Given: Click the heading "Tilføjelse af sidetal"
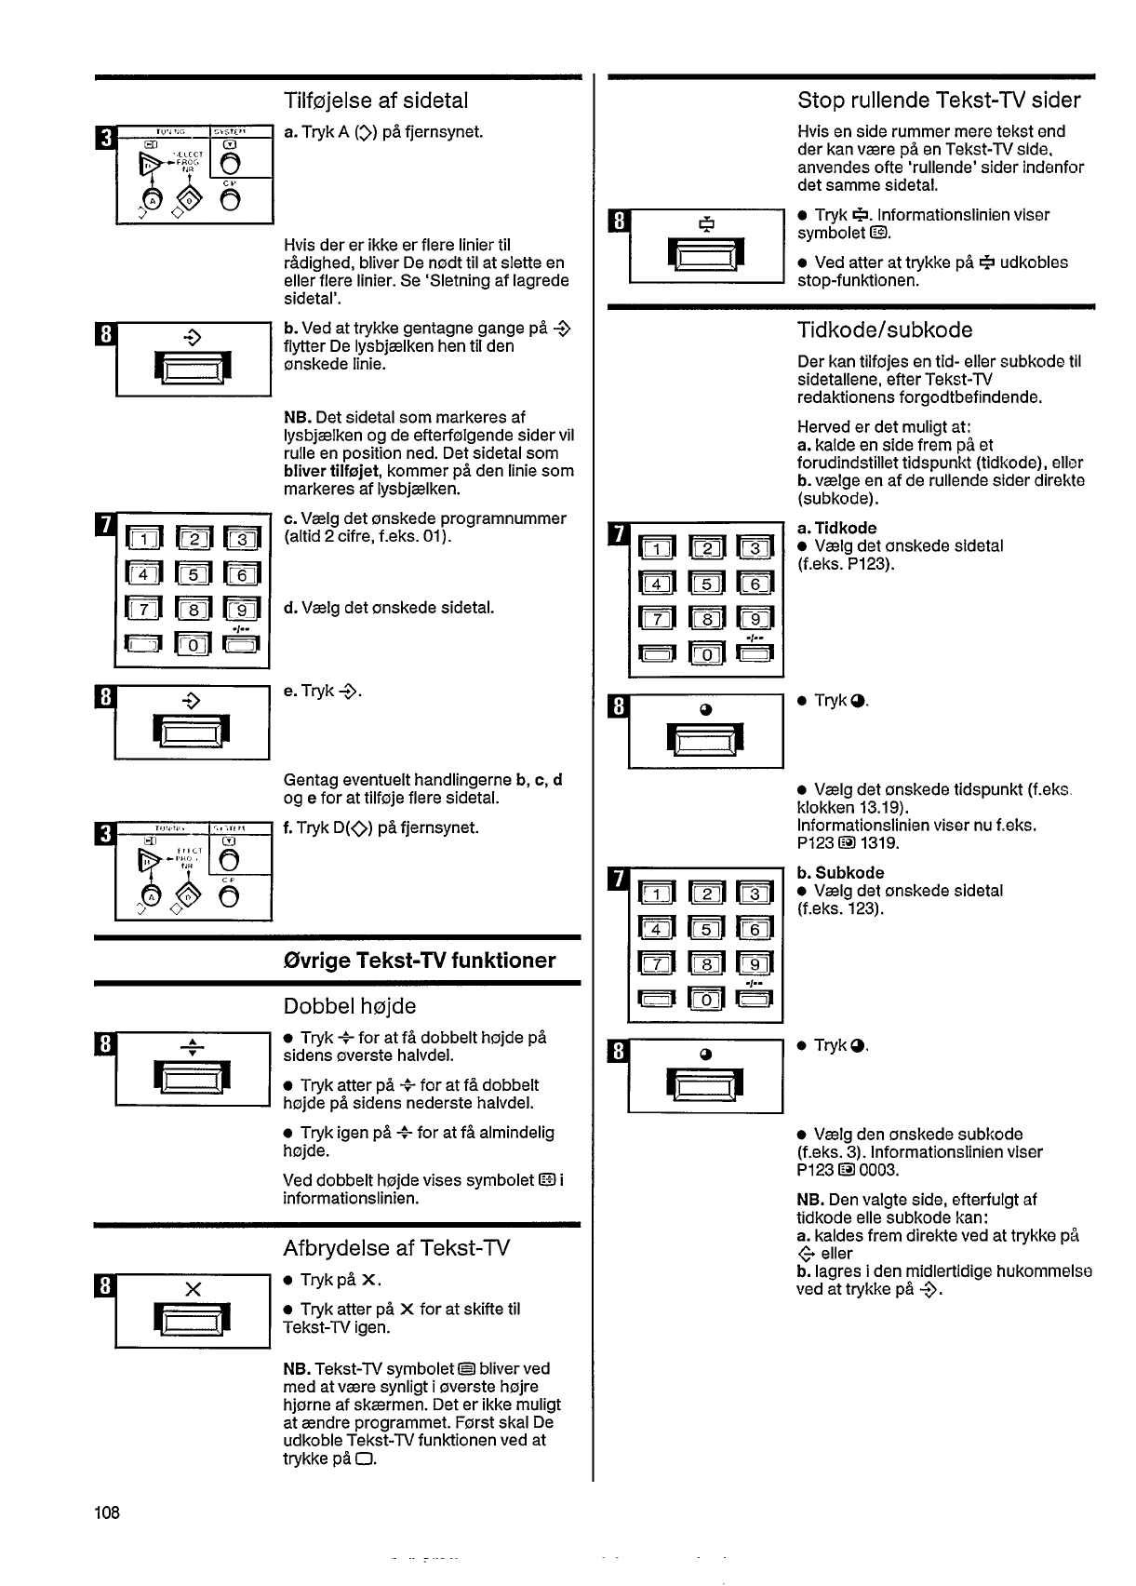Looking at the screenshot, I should click(376, 101).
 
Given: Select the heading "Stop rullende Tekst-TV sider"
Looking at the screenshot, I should click(939, 101).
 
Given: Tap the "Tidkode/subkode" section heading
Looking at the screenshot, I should click(885, 330).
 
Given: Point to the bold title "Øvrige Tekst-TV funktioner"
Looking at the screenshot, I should click(419, 961).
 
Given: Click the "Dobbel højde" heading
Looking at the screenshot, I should click(349, 1006).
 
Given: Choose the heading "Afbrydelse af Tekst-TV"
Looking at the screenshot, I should click(396, 1247).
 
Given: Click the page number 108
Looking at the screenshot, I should click(107, 1512).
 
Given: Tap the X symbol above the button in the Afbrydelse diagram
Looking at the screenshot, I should click(194, 1289).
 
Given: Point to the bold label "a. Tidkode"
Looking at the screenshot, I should click(836, 528).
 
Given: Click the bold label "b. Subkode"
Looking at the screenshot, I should click(840, 873).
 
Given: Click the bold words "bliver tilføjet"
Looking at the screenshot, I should click(327, 471).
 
